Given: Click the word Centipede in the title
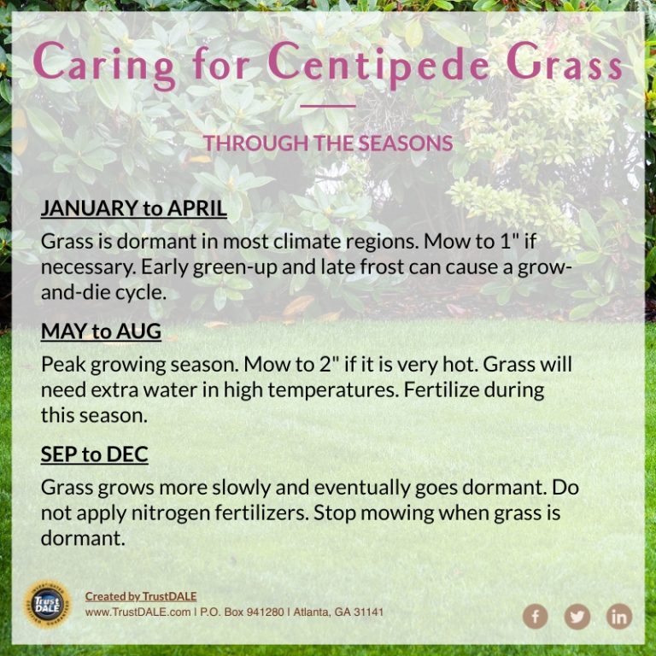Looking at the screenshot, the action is coord(378,63).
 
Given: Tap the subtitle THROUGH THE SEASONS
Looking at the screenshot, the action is coord(328,143).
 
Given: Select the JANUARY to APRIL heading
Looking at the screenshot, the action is coord(134,208).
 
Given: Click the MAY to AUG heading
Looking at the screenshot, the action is coord(101,331).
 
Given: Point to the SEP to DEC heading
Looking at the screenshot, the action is coord(95,454).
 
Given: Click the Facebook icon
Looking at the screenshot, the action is coord(535,616).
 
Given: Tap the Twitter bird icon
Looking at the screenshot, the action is coord(577,616).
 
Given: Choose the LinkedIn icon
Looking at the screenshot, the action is coord(619,616).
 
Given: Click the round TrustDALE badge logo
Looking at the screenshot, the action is coord(47,604).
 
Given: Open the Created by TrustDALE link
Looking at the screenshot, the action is coord(141,596).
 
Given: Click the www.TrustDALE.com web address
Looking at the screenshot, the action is coord(138,612).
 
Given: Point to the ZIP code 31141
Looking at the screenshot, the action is coord(369,612).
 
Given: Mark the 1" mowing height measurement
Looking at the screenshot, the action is coord(510,242).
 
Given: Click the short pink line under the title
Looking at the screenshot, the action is coord(328,106).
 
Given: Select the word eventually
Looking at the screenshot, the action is coord(362,489).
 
